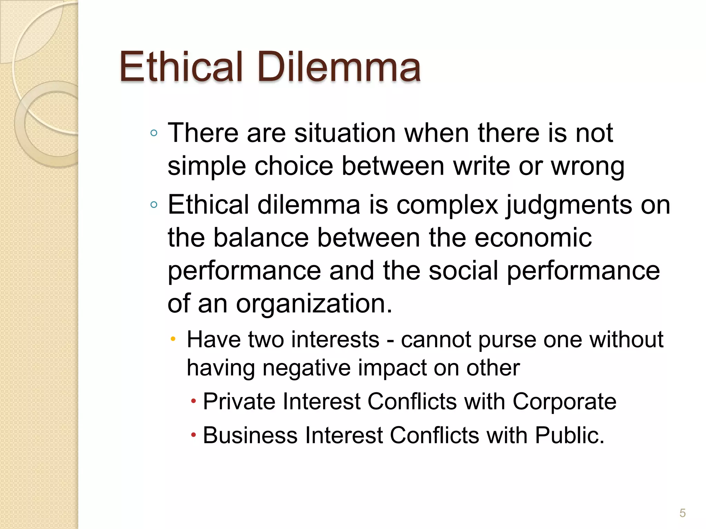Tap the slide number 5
click(682, 513)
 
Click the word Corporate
click(564, 402)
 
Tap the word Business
click(250, 435)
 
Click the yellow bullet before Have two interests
click(173, 339)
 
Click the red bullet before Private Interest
click(193, 401)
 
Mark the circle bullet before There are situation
click(154, 133)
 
